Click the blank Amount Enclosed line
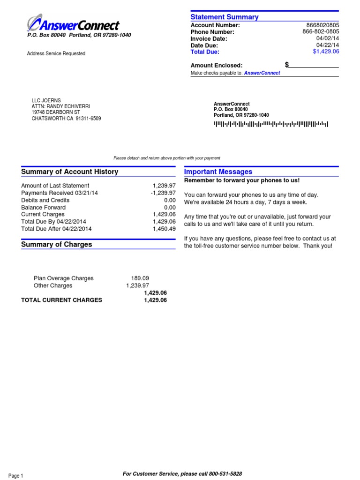(314, 66)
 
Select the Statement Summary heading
(225, 17)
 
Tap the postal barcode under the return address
(271, 124)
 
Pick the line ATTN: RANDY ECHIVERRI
(60, 106)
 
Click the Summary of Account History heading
(69, 172)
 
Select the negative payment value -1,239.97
(160, 193)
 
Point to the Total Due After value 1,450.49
(164, 229)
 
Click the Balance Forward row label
(43, 207)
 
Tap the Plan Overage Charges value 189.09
(140, 278)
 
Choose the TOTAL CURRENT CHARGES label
(61, 300)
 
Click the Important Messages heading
(218, 172)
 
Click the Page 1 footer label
(15, 476)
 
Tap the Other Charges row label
(53, 285)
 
